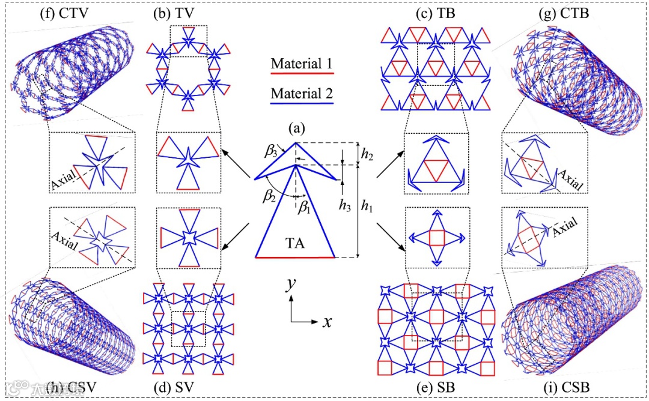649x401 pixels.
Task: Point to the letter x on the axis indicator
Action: coord(328,322)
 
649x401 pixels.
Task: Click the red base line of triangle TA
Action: coord(294,257)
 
